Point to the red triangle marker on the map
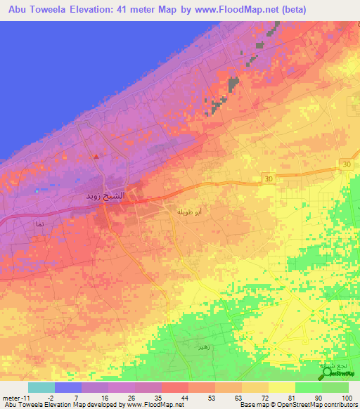click(97, 157)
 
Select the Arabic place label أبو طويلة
click(190, 211)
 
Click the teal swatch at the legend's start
click(41, 387)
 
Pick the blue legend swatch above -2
click(68, 387)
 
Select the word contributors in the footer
click(340, 405)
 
